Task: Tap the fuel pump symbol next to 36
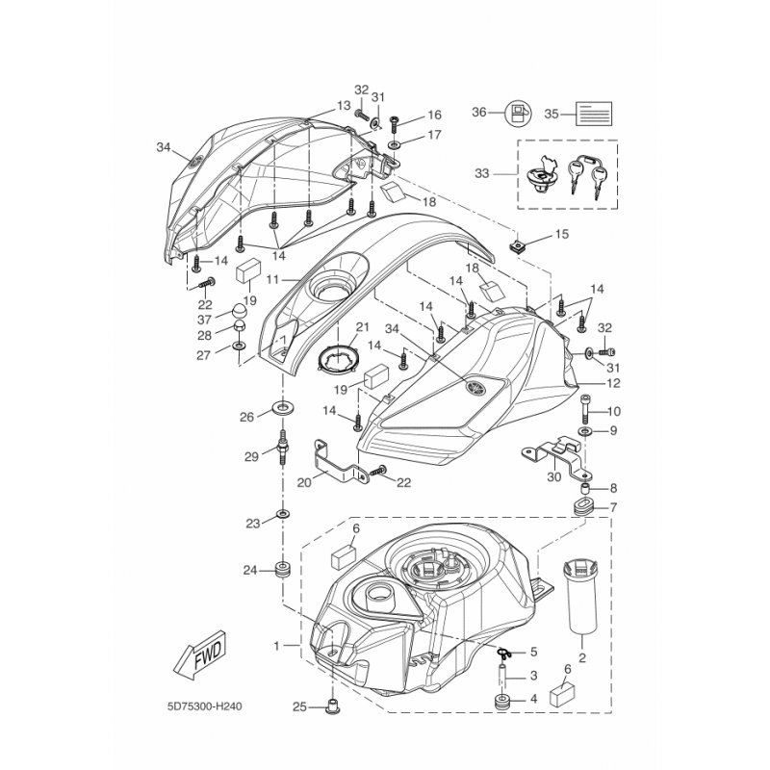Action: point(519,114)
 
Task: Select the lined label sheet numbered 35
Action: point(594,114)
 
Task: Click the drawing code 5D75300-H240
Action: point(204,706)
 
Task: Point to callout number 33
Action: point(482,173)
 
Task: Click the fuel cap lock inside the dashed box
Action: point(541,175)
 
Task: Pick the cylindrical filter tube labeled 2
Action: point(582,596)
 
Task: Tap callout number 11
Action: point(272,280)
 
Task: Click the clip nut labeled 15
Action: point(515,244)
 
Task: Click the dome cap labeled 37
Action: point(239,311)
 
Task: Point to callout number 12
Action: point(613,383)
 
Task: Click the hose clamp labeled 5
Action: point(503,653)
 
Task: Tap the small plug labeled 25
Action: point(332,707)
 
